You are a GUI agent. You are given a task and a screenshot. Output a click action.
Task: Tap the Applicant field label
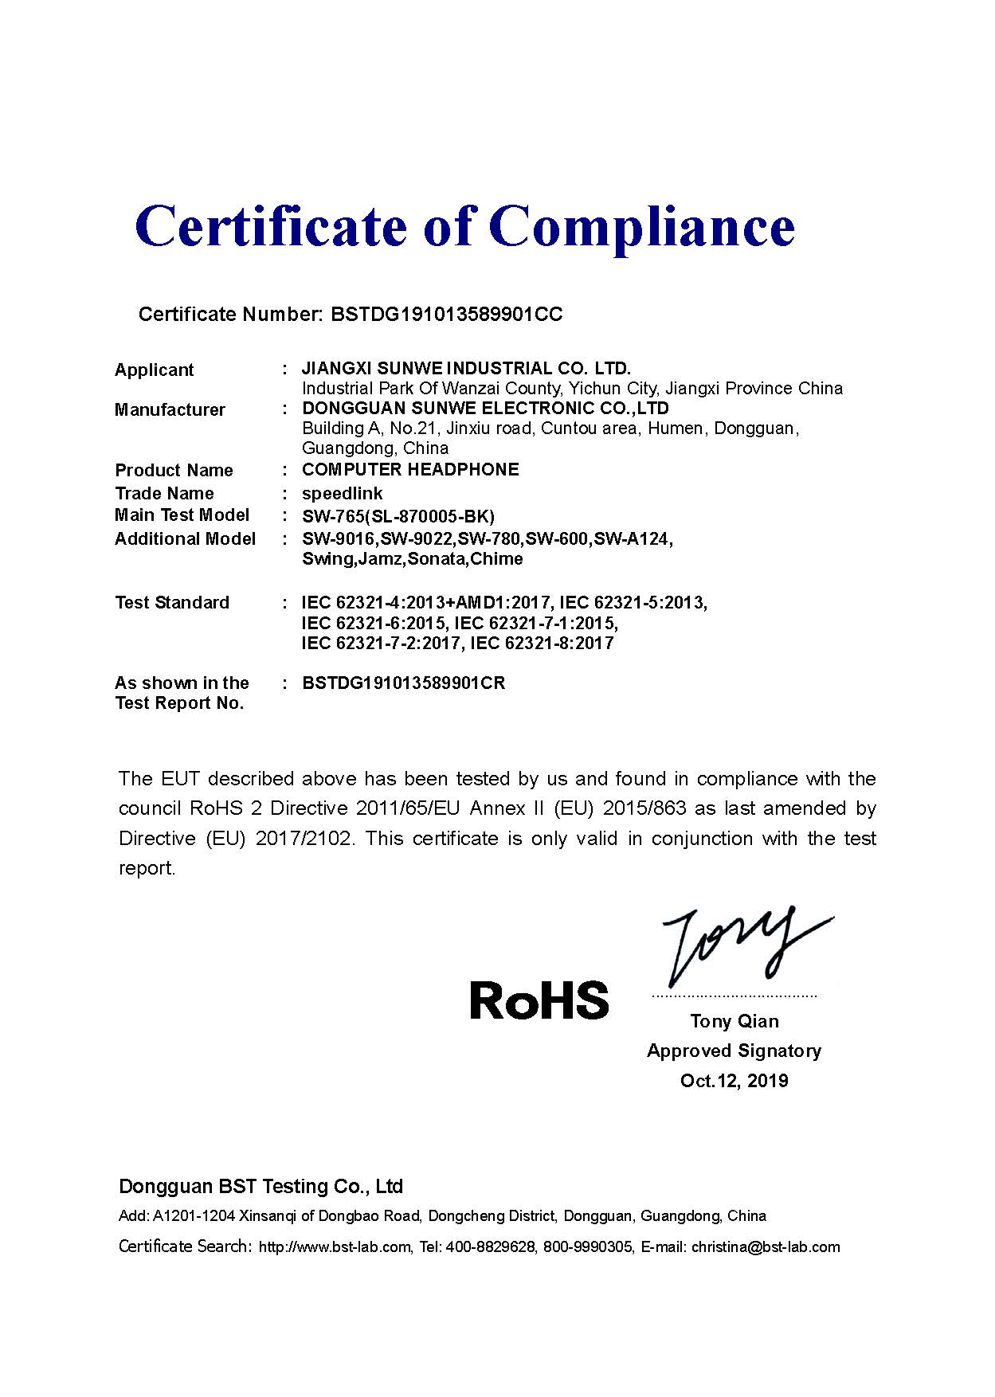(x=155, y=370)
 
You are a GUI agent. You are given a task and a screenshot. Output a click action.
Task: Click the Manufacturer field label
(x=170, y=410)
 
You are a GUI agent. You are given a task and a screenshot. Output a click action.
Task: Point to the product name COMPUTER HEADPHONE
(x=410, y=470)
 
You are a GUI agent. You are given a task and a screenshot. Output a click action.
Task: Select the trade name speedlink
(x=343, y=494)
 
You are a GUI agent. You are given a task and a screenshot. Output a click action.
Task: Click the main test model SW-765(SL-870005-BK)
(x=398, y=516)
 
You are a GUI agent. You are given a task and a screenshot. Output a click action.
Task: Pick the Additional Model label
(x=185, y=539)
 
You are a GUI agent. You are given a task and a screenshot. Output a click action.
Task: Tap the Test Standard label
(x=172, y=603)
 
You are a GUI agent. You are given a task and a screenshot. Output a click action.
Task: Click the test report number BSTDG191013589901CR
(x=404, y=683)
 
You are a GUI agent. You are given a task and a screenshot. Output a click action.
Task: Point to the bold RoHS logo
(x=539, y=1001)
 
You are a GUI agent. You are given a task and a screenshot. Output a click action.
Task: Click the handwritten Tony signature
(x=741, y=948)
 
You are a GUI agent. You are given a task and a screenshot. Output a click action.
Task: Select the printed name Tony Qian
(x=734, y=1022)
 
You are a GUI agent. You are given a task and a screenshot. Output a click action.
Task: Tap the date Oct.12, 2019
(x=734, y=1082)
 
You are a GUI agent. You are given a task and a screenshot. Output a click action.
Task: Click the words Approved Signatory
(x=734, y=1051)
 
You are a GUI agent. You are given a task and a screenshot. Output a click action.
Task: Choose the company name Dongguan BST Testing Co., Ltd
(x=261, y=1187)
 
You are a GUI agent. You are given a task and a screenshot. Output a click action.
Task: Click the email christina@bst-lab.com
(x=766, y=1247)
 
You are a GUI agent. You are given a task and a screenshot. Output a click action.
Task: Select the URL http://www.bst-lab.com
(x=335, y=1247)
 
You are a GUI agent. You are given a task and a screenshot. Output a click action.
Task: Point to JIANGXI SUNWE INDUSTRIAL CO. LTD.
(x=466, y=369)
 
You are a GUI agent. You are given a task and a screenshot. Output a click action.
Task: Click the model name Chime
(x=497, y=559)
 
